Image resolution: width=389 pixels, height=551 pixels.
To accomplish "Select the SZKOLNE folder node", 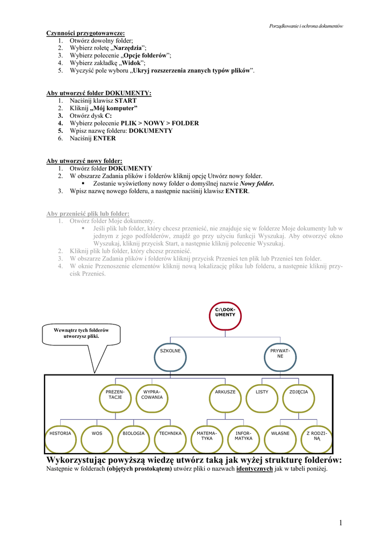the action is pos(170,356).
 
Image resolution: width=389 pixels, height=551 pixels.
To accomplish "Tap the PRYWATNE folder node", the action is pos(280,356).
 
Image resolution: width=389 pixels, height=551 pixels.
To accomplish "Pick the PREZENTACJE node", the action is pos(115,397).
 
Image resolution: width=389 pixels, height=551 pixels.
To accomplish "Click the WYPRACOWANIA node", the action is pos(152,397).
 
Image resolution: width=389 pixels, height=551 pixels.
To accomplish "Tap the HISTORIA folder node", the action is pos(60,437).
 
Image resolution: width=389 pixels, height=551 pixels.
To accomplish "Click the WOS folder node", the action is pos(97,437).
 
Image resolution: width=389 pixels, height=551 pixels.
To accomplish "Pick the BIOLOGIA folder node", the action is pos(133,437).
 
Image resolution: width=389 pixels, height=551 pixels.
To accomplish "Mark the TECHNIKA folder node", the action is pos(170,437).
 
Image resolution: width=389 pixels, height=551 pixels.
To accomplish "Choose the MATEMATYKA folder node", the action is pos(207,437).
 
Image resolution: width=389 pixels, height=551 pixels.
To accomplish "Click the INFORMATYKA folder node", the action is pos(243,437).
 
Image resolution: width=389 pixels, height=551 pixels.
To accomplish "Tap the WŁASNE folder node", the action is pos(280,437).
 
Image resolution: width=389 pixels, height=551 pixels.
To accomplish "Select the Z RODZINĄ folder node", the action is pos(316,437).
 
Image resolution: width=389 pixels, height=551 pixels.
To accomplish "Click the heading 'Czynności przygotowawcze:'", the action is pos(85,33).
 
